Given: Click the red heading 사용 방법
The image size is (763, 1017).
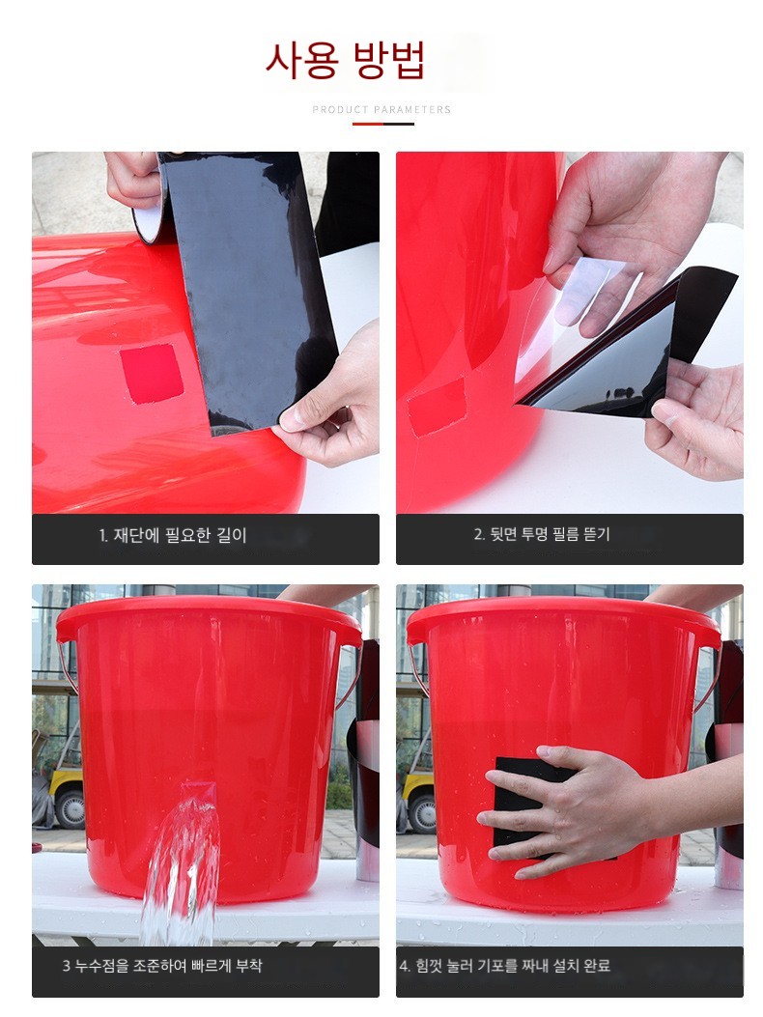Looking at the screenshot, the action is [345, 60].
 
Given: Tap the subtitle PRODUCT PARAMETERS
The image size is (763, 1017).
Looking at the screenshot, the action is [381, 109].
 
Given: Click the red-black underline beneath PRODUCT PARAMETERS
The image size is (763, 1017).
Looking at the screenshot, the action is [382, 124].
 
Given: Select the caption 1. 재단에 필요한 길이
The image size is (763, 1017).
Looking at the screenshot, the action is [173, 535].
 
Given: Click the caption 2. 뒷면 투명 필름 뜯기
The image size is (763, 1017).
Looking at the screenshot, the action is [542, 534].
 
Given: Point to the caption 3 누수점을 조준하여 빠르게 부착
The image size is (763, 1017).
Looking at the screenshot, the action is [162, 965].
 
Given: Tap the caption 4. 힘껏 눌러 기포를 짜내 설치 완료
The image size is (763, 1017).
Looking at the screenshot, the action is [505, 966].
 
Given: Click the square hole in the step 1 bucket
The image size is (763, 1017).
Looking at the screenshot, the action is [152, 374].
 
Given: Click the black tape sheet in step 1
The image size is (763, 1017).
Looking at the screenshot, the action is [245, 285].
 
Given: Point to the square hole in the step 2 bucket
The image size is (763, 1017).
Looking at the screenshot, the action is [436, 406].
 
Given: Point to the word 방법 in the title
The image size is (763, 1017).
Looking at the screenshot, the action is [389, 60].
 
